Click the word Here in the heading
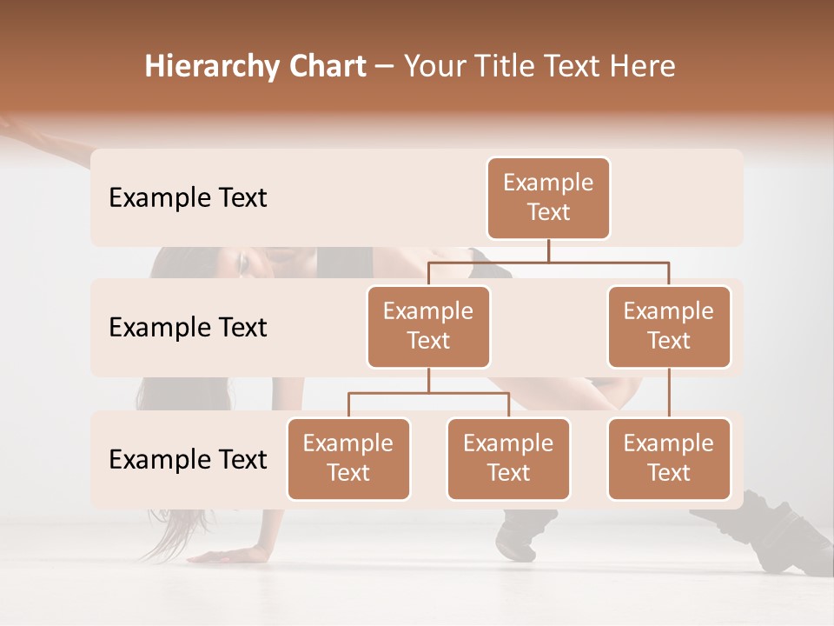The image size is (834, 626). click(x=641, y=67)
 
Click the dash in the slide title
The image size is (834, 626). click(x=385, y=68)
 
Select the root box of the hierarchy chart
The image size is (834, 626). click(x=548, y=198)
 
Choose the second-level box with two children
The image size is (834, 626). click(x=428, y=326)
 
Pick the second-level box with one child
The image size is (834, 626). click(x=669, y=326)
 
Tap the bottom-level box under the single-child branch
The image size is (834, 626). click(x=669, y=458)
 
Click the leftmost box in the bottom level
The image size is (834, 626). click(x=348, y=458)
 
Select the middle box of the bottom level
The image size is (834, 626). click(x=508, y=458)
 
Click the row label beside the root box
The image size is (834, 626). click(x=188, y=198)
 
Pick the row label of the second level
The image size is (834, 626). click(x=188, y=328)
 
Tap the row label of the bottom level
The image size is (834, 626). click(x=188, y=459)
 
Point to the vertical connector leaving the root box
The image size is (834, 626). click(x=548, y=250)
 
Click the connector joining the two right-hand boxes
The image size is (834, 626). click(x=669, y=393)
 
